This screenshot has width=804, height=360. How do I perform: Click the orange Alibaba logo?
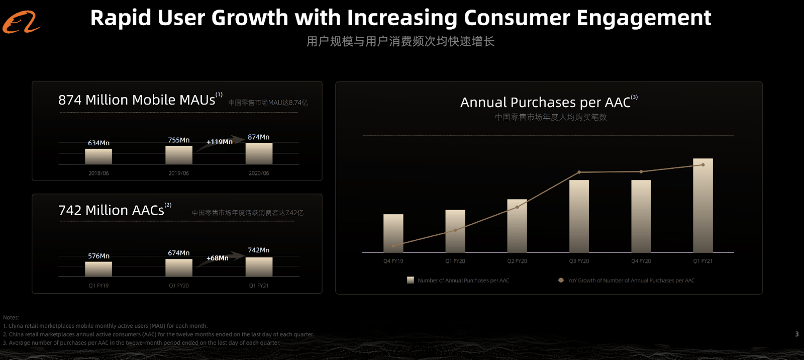(21, 23)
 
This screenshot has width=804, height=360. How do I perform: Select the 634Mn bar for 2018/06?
(98, 156)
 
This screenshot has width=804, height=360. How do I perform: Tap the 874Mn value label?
(258, 137)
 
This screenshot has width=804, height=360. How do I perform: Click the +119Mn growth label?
(220, 142)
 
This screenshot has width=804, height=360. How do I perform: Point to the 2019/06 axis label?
(178, 173)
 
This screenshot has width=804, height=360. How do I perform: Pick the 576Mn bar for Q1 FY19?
(98, 269)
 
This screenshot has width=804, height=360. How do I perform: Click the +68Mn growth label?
(218, 258)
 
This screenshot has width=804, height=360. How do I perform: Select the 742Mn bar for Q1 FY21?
(259, 267)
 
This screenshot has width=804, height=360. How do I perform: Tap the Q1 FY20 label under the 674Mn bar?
(179, 286)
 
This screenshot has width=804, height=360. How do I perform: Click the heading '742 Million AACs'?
(112, 210)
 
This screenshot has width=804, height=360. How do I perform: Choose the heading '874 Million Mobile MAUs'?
(137, 100)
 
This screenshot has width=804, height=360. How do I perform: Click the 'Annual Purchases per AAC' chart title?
(546, 103)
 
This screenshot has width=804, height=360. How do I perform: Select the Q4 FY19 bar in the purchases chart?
(393, 233)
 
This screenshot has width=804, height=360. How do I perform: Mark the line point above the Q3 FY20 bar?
(579, 172)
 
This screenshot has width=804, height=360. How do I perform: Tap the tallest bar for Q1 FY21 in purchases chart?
(702, 206)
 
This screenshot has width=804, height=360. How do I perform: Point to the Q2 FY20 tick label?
(517, 261)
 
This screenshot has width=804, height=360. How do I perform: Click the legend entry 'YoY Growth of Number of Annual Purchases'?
(631, 281)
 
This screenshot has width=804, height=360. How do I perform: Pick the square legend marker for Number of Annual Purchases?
(411, 280)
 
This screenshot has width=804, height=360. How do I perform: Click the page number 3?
(797, 334)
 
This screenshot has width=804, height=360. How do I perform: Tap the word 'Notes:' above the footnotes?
(11, 318)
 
